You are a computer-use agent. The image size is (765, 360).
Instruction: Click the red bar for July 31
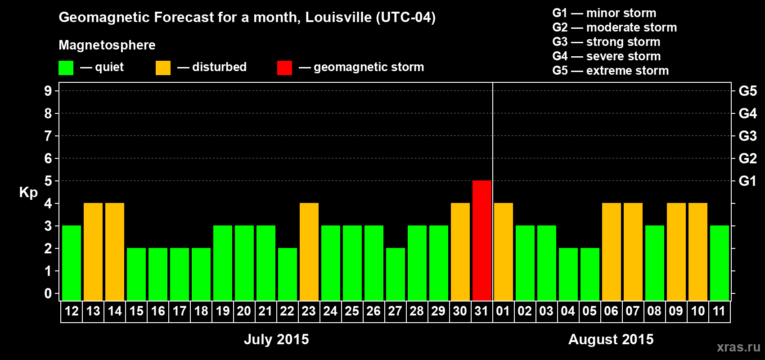482,240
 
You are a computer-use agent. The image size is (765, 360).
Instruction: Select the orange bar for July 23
309,252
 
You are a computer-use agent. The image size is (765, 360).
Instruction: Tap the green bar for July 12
72,263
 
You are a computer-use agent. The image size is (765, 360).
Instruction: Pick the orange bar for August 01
504,252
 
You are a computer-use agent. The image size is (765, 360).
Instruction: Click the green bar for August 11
720,263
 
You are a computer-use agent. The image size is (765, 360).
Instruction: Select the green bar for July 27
396,274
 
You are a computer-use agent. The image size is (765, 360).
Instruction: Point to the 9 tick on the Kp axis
48,91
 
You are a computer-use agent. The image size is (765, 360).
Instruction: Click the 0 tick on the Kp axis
48,293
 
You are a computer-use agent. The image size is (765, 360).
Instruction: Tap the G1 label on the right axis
747,181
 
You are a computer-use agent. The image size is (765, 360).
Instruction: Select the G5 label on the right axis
747,91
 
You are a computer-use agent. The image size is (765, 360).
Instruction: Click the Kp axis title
28,192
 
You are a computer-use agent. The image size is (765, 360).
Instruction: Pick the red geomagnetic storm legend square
284,68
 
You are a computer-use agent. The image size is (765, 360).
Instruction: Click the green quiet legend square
66,68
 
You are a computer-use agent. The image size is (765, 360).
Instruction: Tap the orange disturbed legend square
163,68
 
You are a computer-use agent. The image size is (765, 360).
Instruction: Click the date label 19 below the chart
223,311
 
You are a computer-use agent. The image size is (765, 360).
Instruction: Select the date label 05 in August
589,311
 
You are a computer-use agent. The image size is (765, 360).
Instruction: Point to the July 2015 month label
276,339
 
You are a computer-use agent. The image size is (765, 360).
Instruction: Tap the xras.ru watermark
738,346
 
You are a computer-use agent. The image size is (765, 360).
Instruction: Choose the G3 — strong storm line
606,42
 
